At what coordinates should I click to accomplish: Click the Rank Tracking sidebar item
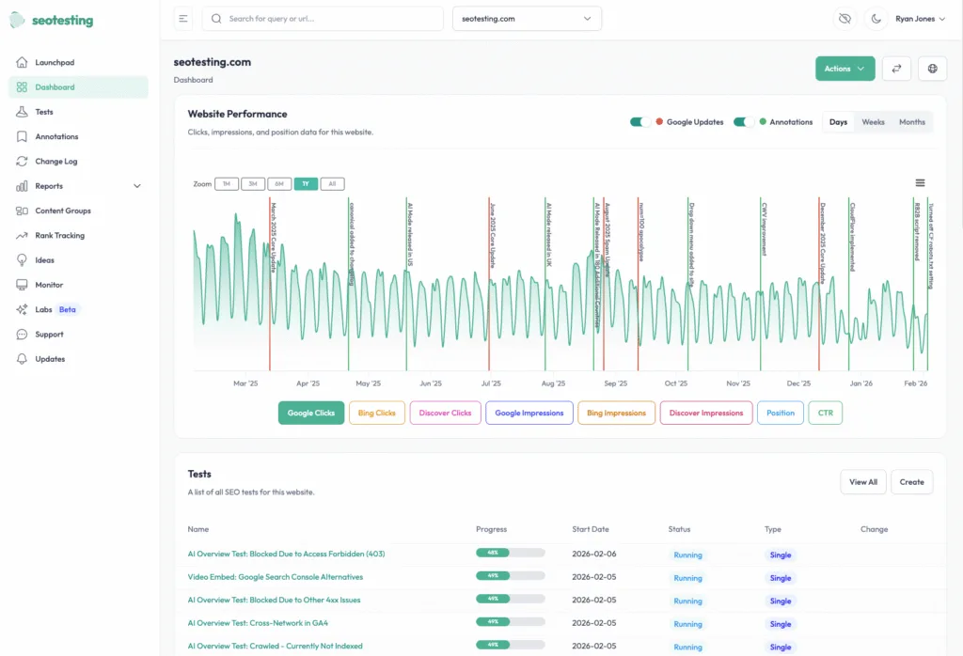(59, 235)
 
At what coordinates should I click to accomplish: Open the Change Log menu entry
(56, 161)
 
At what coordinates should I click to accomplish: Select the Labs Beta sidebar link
(55, 309)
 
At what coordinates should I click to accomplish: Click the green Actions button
(845, 69)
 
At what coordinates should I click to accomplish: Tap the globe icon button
(932, 69)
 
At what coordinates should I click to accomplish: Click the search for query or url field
(323, 19)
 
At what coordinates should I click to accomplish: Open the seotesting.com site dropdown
(527, 19)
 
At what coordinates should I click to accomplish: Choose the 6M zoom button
(279, 184)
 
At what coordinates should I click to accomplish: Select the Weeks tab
(873, 122)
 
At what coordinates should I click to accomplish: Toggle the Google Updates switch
(640, 122)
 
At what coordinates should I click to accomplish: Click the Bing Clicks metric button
(376, 413)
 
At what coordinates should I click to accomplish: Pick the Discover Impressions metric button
(707, 413)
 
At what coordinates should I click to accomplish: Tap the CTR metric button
(825, 413)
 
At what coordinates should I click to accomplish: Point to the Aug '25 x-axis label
(554, 383)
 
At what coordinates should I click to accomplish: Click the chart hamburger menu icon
(920, 183)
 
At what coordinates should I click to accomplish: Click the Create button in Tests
(911, 482)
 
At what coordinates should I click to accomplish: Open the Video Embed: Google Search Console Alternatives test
(275, 577)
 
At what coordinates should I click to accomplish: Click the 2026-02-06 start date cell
(593, 554)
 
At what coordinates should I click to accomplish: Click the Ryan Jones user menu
(920, 19)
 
